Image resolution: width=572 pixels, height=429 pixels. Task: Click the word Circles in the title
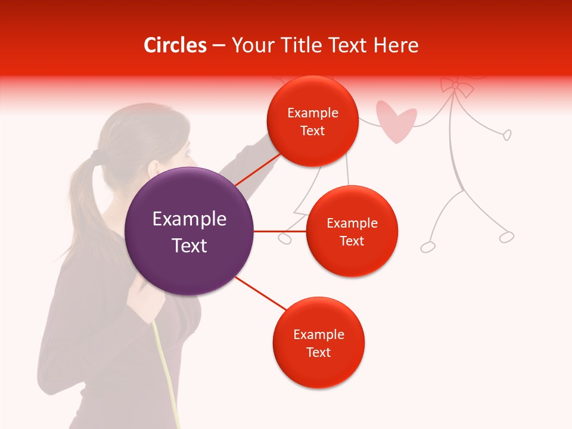click(175, 45)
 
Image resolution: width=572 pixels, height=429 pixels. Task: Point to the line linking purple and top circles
click(257, 169)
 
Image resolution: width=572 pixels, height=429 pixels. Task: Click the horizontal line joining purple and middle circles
click(279, 231)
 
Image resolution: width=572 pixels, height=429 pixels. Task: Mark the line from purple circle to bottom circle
click(260, 293)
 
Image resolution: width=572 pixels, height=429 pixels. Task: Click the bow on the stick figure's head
click(456, 88)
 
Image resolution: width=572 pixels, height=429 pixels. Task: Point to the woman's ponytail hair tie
click(93, 157)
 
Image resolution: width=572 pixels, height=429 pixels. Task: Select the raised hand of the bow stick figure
click(506, 135)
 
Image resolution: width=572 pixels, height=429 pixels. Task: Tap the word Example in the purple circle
click(189, 219)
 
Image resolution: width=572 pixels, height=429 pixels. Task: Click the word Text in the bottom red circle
click(318, 353)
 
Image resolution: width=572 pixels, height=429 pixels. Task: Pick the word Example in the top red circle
click(312, 113)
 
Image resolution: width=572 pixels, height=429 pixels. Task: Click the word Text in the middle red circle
click(352, 241)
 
